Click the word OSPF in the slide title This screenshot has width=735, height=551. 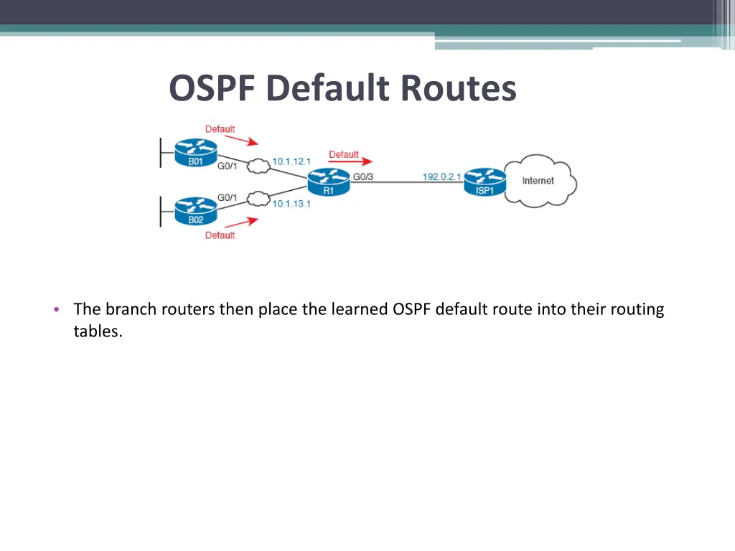213,89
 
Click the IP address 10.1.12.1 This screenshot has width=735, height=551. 291,161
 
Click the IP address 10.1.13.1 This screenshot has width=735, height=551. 291,204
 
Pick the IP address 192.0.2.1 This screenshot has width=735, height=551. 441,176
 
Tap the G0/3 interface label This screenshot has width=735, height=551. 362,176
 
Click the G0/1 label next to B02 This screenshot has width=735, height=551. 228,197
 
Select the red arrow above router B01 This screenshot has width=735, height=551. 240,141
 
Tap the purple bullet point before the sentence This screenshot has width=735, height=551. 57,310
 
